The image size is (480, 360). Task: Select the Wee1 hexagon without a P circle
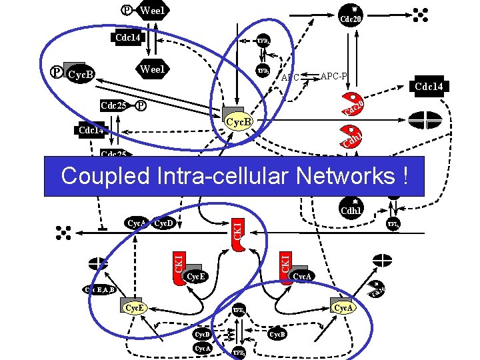click(x=152, y=69)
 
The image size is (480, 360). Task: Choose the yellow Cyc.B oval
click(x=239, y=122)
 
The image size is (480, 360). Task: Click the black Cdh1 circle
click(x=351, y=208)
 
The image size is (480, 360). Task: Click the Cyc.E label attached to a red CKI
click(x=195, y=276)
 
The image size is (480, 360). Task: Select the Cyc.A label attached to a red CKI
click(x=303, y=275)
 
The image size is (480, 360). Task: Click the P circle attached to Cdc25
click(x=141, y=105)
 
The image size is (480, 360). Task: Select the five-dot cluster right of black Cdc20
click(x=419, y=14)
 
